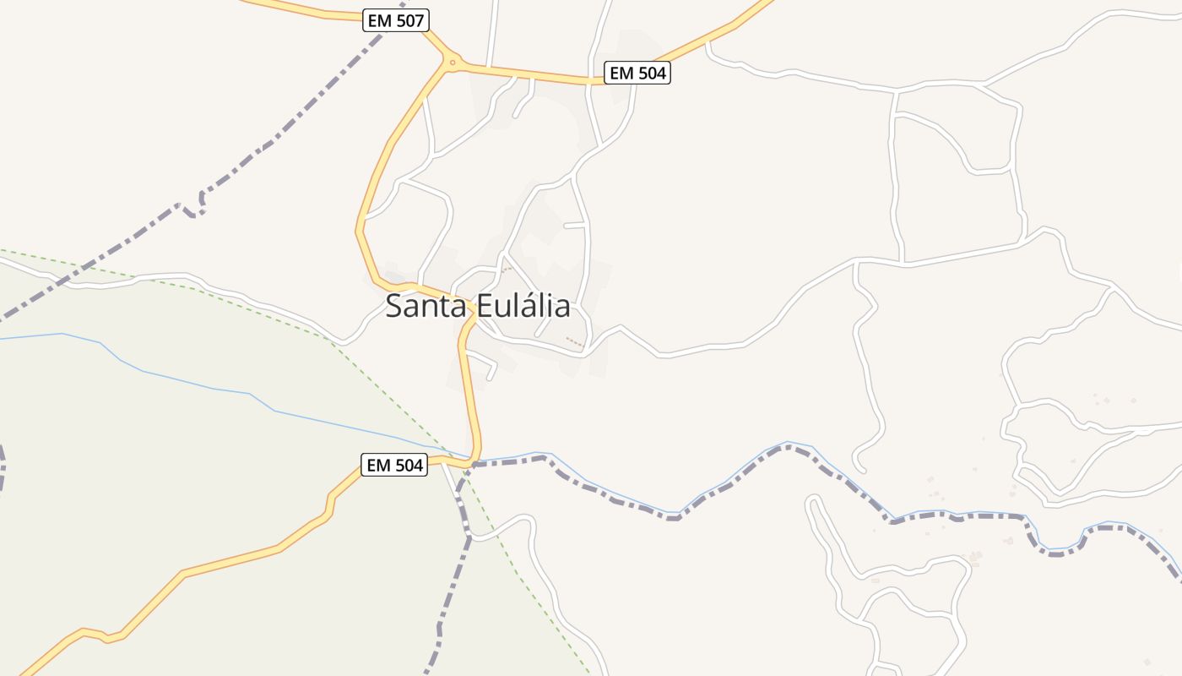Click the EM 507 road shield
click(396, 20)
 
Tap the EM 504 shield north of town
click(638, 74)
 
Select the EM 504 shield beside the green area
click(393, 465)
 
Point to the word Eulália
click(523, 306)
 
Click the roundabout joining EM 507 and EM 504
click(453, 62)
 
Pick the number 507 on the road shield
click(409, 20)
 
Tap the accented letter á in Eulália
click(534, 306)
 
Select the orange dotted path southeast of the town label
click(574, 341)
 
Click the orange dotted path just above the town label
click(507, 269)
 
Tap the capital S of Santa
click(394, 306)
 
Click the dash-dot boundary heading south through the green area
click(447, 591)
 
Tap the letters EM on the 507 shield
click(380, 20)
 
